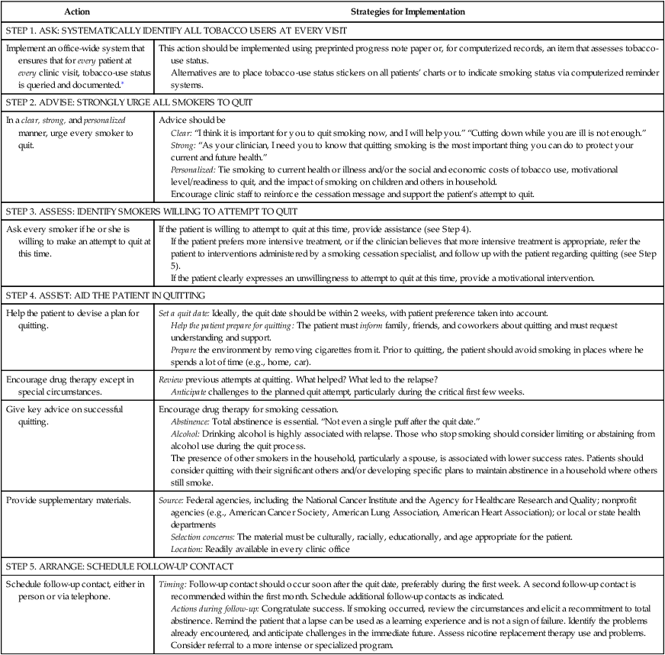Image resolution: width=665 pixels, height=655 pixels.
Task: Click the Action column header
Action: [x=76, y=13]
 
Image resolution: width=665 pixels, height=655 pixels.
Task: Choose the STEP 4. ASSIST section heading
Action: [x=138, y=295]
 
